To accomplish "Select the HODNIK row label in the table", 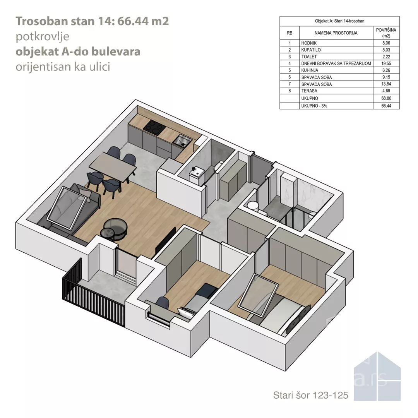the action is [309, 43].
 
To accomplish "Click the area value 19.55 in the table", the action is [386, 63].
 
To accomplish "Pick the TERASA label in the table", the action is [309, 91].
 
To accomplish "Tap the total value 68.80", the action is [386, 98].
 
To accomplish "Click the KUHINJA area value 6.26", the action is [386, 70].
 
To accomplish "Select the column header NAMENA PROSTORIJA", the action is [336, 33].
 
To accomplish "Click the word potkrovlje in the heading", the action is [43, 36].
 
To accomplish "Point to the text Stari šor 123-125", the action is [310, 395].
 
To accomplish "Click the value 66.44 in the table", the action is [386, 106].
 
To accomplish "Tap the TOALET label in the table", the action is [309, 57].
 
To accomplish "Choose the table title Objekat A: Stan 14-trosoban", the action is [339, 21].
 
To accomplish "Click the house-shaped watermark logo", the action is [377, 377].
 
